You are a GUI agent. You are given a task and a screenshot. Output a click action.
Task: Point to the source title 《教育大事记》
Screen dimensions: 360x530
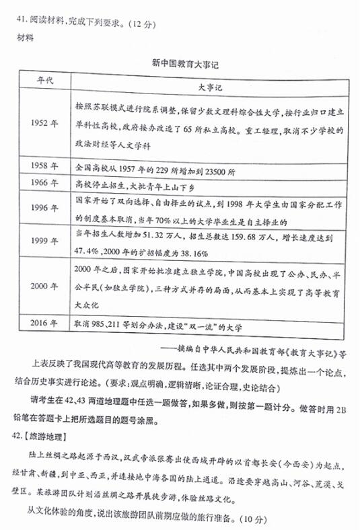tap(310, 350)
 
